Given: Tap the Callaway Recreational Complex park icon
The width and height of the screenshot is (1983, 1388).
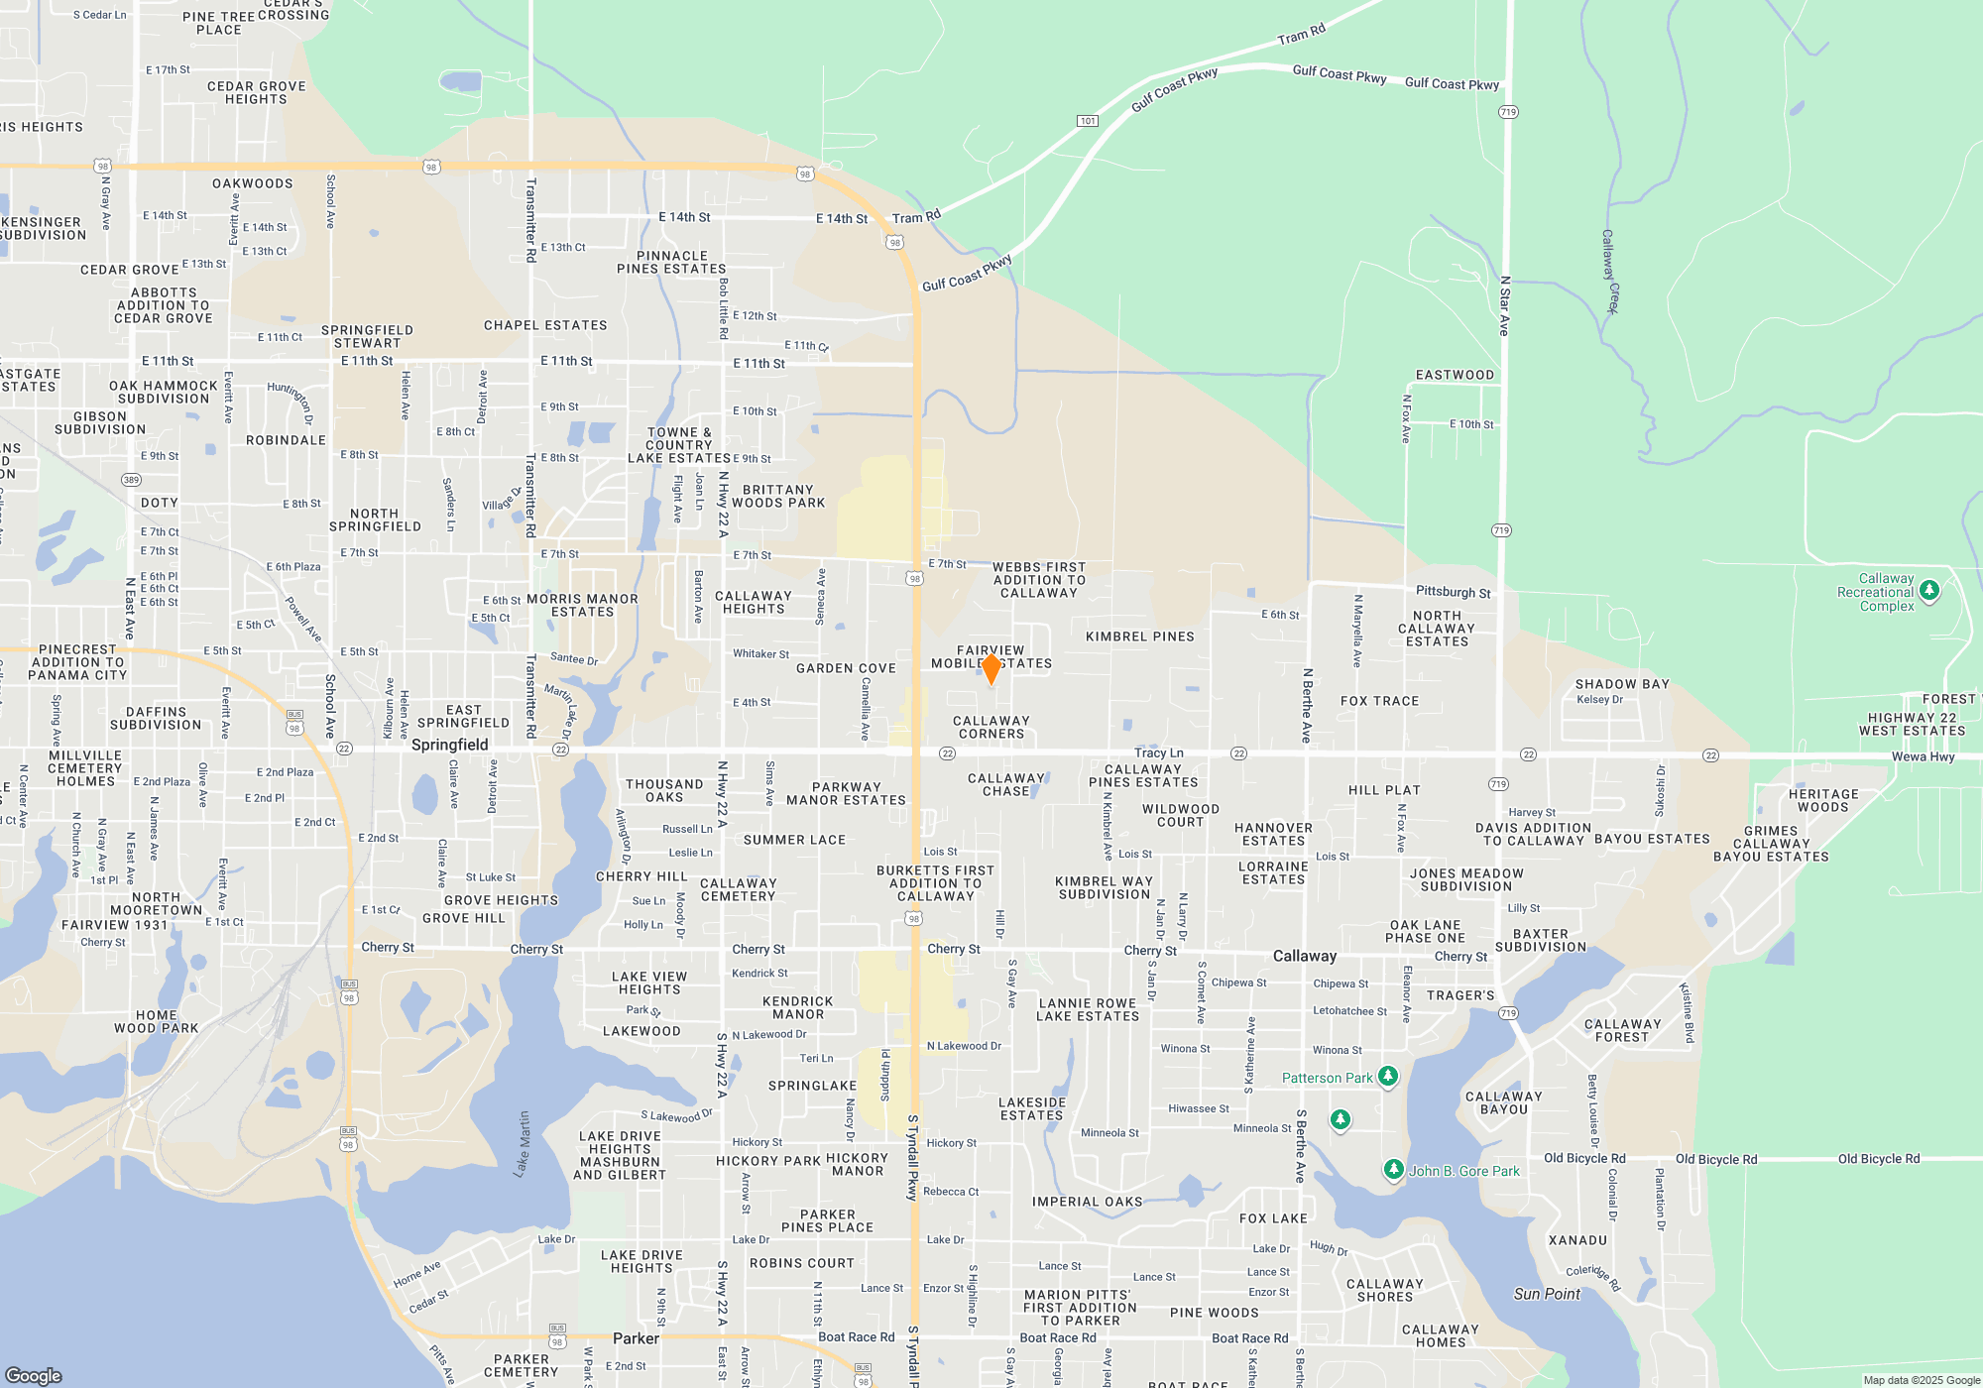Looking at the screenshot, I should pos(1928,591).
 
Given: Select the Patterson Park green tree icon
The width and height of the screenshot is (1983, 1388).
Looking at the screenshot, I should pos(1388,1076).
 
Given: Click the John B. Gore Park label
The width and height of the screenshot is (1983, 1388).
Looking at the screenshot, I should pos(1463,1171).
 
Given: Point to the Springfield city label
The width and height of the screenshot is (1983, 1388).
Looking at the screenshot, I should pos(449,745).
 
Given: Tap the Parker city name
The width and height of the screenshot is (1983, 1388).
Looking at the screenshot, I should pos(636,1338).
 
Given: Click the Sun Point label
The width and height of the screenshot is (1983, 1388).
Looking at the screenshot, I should pos(1547,1294).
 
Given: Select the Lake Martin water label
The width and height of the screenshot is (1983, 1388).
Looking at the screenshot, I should pos(523,1144).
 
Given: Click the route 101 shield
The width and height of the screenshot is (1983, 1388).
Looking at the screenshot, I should pos(1088,121).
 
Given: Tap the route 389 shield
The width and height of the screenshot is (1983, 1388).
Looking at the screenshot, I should pos(131,480).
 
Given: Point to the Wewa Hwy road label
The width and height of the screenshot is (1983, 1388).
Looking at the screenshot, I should pos(1923,756).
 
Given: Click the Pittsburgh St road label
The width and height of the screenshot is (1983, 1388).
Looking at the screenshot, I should pos(1453,592).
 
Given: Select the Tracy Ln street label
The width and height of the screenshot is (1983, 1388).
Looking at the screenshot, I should pos(1159,752).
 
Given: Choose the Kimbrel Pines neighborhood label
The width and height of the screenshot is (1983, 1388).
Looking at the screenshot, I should pos(1140,636).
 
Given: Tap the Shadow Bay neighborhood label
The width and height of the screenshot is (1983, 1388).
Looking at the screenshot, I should pos(1622,684).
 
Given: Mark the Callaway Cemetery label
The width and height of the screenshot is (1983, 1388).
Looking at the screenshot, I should pos(738,889).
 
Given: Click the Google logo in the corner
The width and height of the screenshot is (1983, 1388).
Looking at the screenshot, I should pos(34,1375).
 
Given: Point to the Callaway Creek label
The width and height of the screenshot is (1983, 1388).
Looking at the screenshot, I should pos(1610,272).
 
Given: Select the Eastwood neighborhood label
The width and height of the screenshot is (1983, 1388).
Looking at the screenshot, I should pos(1455,375).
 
